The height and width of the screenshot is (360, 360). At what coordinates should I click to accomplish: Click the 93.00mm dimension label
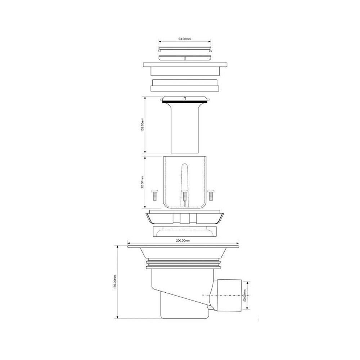[185, 39]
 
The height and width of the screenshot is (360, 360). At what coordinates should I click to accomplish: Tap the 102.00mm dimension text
[142, 125]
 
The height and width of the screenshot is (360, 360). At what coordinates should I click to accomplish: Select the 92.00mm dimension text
[142, 182]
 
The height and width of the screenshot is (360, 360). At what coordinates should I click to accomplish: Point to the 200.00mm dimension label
[183, 240]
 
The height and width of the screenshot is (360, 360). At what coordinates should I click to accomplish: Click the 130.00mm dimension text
[115, 282]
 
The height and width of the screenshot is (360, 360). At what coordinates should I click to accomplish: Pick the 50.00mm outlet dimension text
[244, 296]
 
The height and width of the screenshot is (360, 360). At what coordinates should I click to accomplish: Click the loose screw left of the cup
[154, 195]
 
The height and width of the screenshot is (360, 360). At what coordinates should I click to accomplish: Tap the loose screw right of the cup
[211, 195]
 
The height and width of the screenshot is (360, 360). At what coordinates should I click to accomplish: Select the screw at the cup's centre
[185, 195]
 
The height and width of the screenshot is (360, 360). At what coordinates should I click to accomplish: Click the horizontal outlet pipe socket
[229, 295]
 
